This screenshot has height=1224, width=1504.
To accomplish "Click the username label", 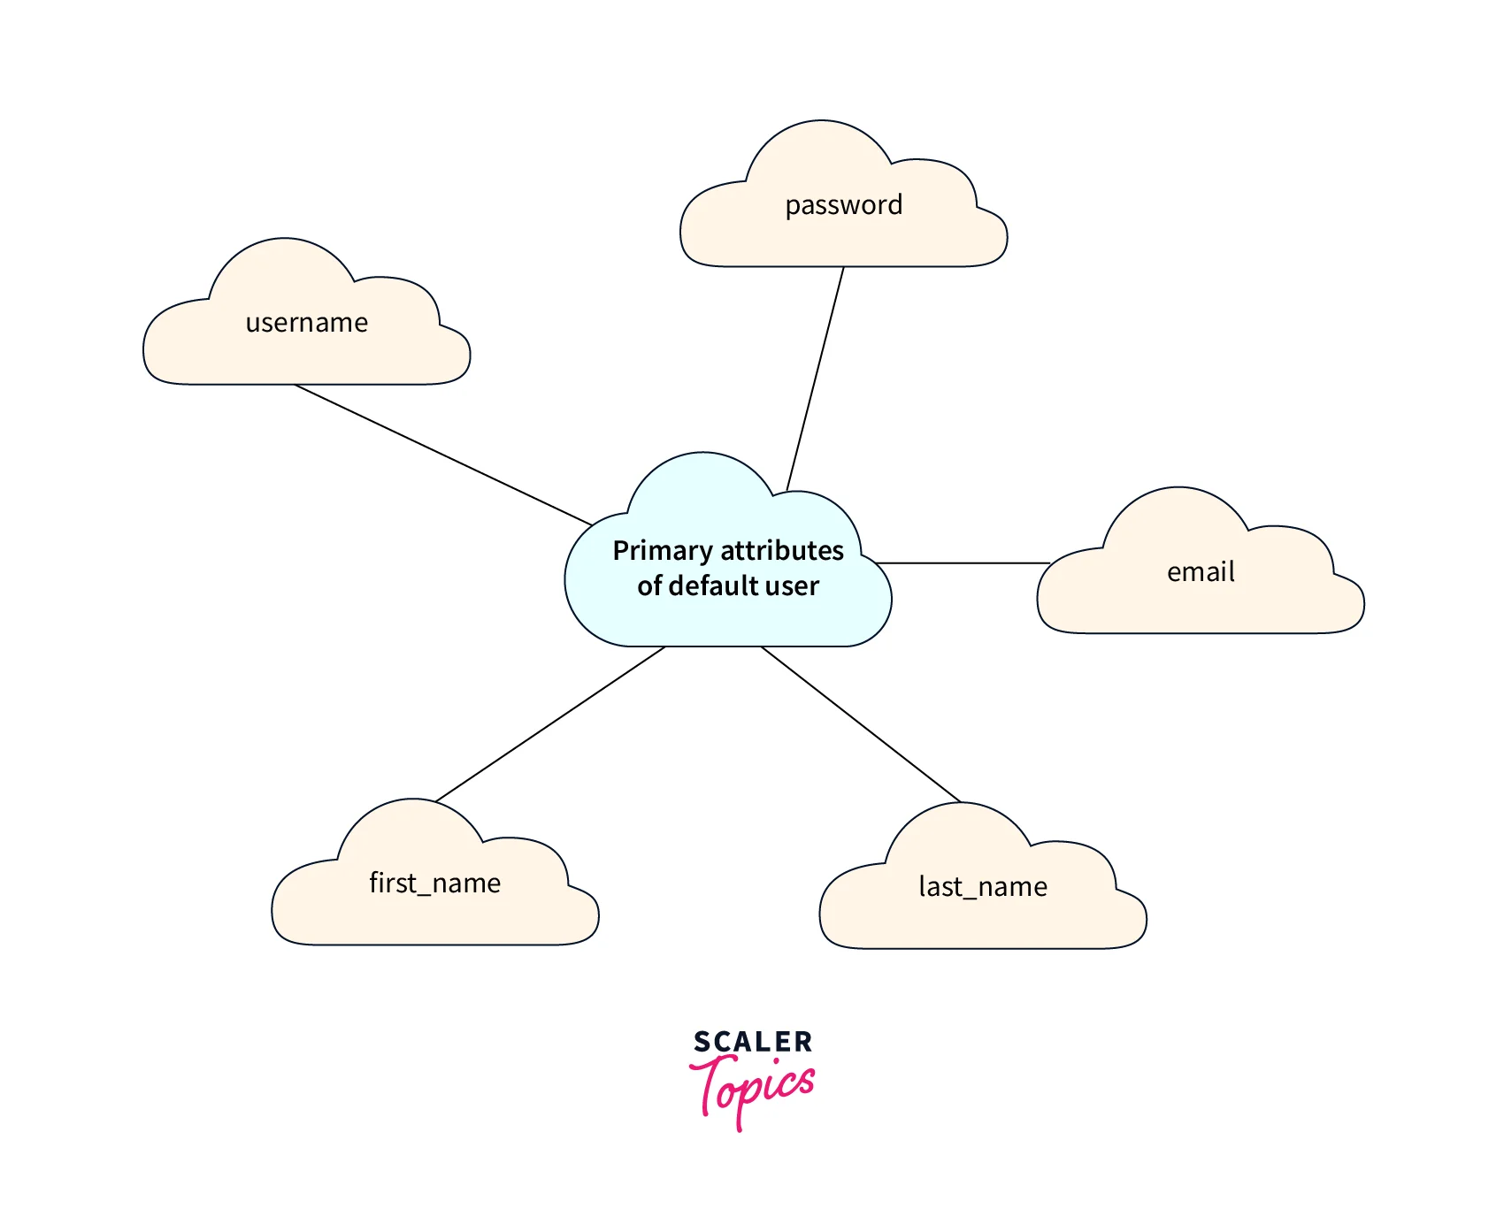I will pos(306,323).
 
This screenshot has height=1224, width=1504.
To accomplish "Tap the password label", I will pos(843,205).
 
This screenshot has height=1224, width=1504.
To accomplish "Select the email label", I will pos(1201,572).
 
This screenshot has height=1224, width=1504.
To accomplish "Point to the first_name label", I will pos(434,884).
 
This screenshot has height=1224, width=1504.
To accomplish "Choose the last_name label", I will pos(983,887).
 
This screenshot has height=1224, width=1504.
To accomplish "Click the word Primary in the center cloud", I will pos(663,551).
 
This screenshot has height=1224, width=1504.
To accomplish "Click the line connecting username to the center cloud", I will pos(442,455).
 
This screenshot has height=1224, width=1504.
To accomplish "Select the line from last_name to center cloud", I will pos(861,724).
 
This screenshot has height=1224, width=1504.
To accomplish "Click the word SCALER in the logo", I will pos(752,1042).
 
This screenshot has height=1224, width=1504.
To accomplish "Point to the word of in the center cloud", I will pos(649,586).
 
